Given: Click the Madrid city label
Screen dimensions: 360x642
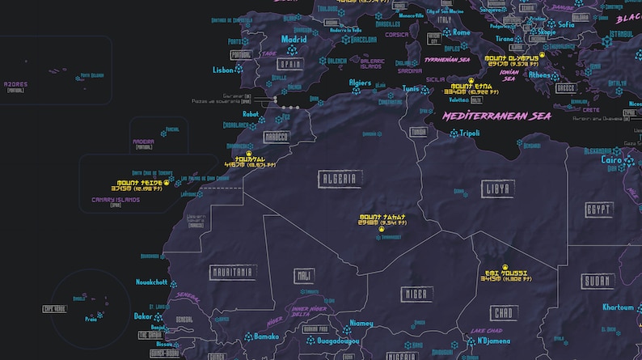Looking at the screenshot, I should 294,39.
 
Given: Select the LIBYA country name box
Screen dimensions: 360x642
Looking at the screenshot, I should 496,188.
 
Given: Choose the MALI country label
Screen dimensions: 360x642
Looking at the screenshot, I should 304,276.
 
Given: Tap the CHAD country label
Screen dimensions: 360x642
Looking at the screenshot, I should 502,312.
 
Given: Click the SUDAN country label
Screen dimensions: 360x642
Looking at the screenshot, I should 597,282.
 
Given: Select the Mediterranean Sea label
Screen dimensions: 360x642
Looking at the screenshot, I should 496,116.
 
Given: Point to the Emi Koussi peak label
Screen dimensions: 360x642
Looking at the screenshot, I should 505,273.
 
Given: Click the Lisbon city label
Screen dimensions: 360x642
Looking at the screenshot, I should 222,70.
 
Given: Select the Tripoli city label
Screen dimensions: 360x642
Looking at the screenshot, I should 470,133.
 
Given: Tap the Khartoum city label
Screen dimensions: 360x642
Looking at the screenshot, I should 619,307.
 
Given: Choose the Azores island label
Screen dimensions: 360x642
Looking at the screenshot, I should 15,83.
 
